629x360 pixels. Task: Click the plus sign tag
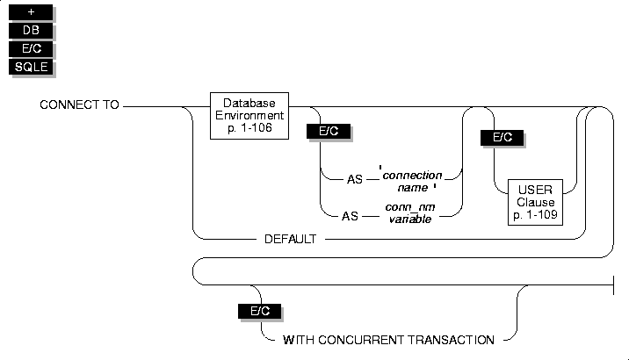31,12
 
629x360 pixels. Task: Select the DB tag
31,31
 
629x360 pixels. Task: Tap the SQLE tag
31,67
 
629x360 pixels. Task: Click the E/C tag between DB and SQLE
31,48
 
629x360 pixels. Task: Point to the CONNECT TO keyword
79,104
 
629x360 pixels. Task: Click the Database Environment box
249,116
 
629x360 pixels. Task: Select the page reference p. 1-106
249,128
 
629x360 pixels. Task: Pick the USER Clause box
535,202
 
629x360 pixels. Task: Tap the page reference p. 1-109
536,215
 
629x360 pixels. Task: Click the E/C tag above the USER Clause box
502,138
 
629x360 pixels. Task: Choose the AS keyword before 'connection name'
355,179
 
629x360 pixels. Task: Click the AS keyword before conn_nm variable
350,217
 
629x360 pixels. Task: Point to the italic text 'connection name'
412,181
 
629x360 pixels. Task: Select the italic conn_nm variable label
410,213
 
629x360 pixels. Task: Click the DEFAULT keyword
291,239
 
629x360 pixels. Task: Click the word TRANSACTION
452,340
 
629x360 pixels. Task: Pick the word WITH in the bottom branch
299,340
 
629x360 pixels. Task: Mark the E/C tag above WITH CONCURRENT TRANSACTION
259,311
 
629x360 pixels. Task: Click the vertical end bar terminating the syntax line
614,285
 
